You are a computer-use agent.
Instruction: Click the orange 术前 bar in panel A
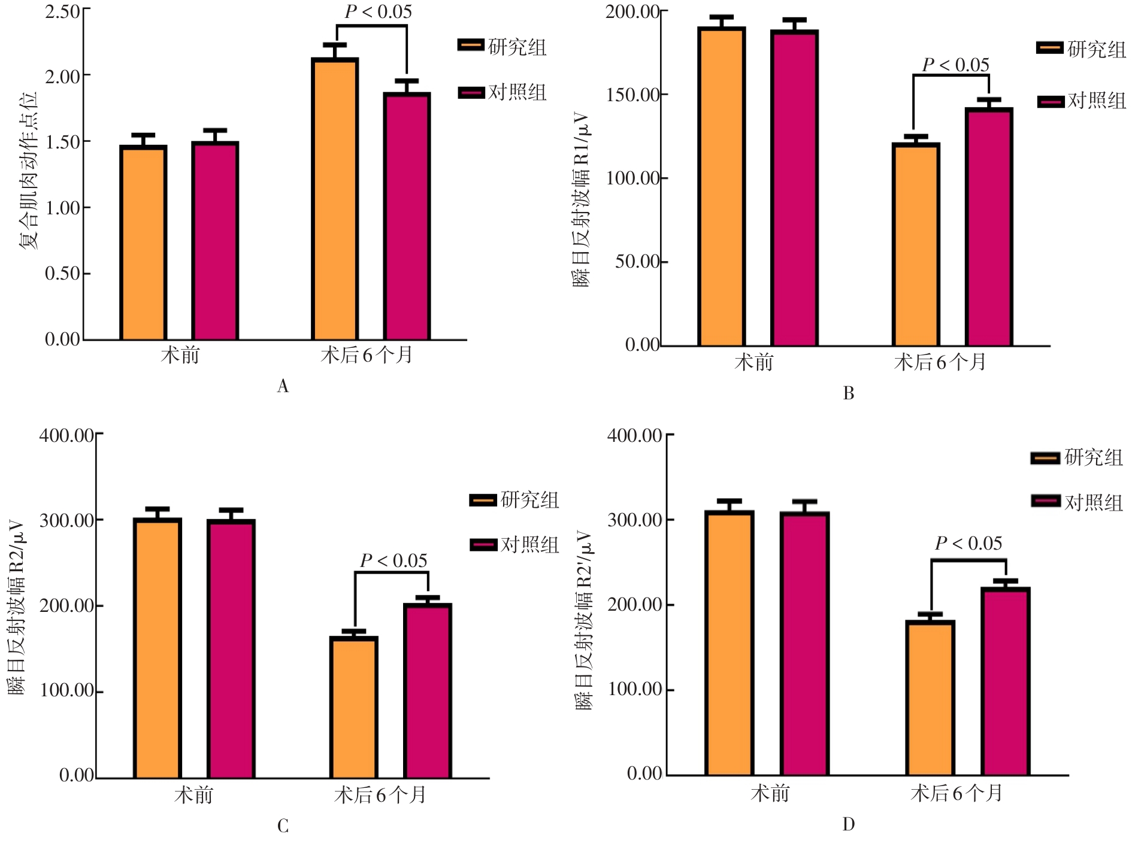point(143,243)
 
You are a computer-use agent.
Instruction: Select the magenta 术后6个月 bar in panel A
point(407,217)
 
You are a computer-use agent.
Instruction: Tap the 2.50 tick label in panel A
point(62,11)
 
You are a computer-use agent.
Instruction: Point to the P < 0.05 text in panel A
point(378,12)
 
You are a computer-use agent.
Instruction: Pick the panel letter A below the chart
point(283,387)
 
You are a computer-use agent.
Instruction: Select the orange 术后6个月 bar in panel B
point(916,245)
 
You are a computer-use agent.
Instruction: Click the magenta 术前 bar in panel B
point(794,189)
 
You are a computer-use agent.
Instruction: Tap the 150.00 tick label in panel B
point(632,95)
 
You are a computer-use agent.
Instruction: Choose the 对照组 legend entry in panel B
point(1082,101)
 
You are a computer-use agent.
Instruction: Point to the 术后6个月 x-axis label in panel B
point(940,362)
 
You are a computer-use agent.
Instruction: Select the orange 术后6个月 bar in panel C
point(354,708)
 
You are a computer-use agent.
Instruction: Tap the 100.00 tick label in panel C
point(67,691)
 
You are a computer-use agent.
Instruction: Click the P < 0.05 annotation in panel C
point(394,561)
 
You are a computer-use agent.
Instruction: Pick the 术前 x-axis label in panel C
point(193,795)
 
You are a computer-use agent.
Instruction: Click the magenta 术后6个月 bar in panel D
point(1006,682)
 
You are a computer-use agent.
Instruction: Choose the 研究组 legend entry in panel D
point(1077,458)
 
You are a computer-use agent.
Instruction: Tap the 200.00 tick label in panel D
point(635,605)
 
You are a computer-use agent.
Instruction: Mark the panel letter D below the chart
point(849,825)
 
